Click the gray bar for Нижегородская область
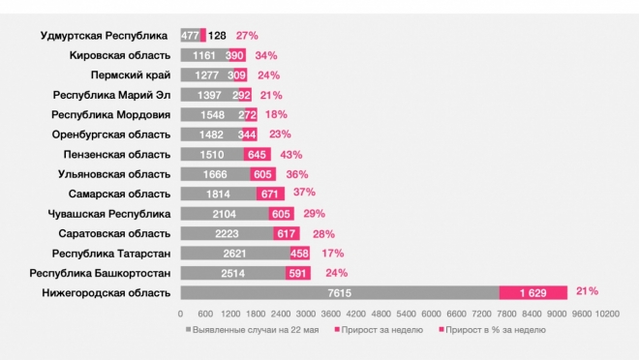pyautogui.click(x=339, y=292)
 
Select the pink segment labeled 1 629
pyautogui.click(x=532, y=292)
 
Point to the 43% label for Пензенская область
pyautogui.click(x=291, y=154)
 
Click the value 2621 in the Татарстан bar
pyautogui.click(x=233, y=253)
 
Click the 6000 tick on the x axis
pyautogui.click(x=432, y=315)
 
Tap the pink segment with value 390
pyautogui.click(x=235, y=55)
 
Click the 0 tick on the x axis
pyautogui.click(x=181, y=315)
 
